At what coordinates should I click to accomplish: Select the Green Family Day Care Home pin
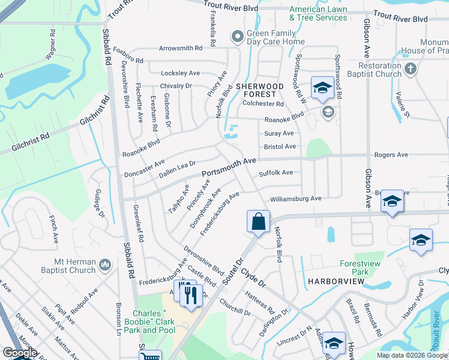238,37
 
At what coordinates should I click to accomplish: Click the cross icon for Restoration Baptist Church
411,68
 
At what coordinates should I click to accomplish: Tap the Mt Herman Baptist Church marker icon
104,265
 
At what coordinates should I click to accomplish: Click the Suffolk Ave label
276,173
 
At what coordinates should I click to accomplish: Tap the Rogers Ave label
391,155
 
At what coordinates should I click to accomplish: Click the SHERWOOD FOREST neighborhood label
259,90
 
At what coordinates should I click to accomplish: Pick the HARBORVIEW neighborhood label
333,281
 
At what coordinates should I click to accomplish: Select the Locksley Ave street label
180,73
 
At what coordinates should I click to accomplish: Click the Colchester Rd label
263,104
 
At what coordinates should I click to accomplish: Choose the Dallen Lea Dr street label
178,169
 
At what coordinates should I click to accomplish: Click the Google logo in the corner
20,353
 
